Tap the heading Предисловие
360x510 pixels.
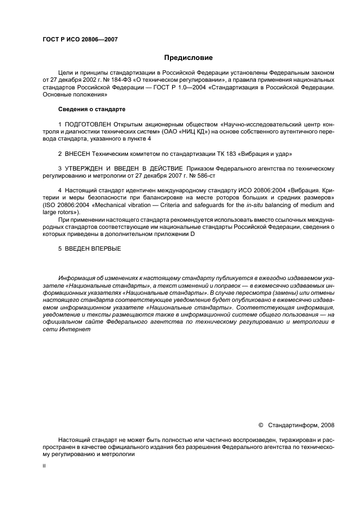point(188,58)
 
